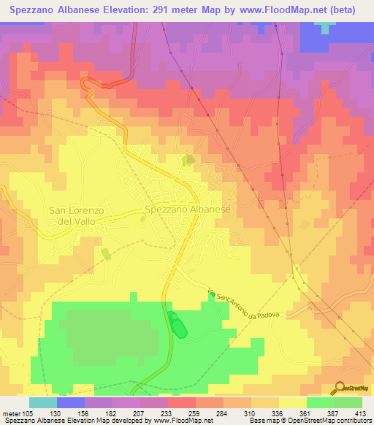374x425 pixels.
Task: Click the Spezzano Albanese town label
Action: click(x=188, y=209)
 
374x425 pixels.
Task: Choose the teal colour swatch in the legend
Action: click(x=43, y=402)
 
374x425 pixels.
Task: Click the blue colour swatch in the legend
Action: click(x=71, y=402)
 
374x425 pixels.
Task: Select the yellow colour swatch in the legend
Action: click(x=292, y=402)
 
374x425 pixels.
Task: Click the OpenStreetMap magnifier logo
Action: click(x=339, y=387)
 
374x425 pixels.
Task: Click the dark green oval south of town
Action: click(x=177, y=325)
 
